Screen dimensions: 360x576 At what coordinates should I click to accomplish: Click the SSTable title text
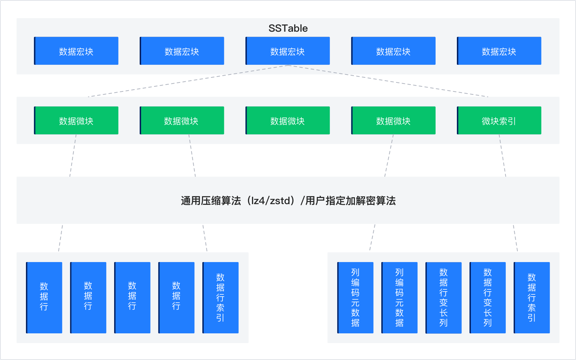(288, 28)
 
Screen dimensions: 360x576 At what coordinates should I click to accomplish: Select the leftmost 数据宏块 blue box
(76, 51)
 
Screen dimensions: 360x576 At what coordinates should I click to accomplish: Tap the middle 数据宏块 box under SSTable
(288, 51)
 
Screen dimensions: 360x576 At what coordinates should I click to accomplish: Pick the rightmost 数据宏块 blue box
(499, 51)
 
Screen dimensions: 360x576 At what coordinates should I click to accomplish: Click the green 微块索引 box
(499, 121)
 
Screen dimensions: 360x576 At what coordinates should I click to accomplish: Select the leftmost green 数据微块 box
(76, 121)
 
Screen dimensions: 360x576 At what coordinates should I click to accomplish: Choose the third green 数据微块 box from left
(288, 121)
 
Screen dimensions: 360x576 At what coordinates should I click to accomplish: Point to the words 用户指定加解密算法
(350, 201)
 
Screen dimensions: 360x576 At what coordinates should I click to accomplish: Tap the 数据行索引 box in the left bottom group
(220, 297)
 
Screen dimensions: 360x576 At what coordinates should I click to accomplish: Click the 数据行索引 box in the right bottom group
(532, 297)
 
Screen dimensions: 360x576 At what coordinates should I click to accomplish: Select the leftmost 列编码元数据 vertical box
(355, 297)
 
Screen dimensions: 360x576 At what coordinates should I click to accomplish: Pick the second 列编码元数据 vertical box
(399, 297)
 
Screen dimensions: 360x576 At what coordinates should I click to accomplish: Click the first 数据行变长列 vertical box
(444, 297)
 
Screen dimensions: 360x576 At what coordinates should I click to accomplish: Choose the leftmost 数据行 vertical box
(44, 297)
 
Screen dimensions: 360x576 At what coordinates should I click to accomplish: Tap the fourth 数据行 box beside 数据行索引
(176, 297)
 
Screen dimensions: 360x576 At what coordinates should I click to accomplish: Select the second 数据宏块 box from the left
(182, 51)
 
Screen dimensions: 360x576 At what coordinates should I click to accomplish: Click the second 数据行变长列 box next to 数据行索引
(487, 297)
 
